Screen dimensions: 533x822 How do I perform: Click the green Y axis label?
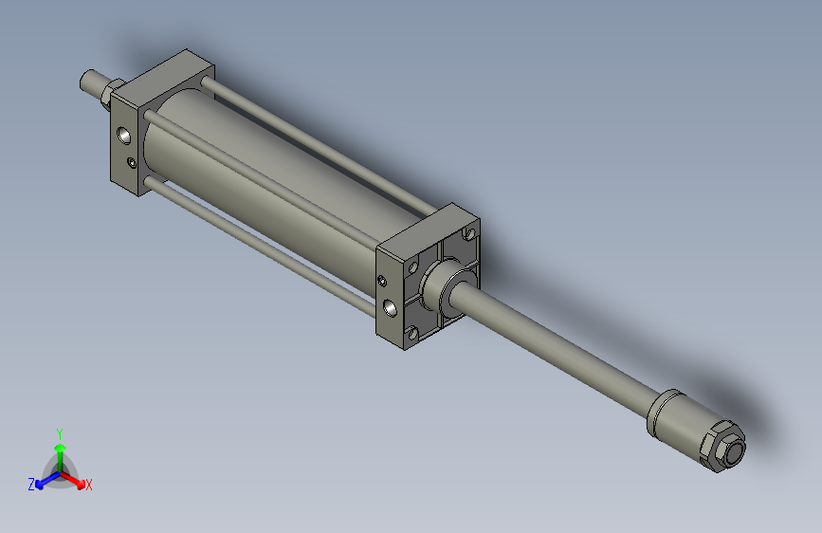[60, 432]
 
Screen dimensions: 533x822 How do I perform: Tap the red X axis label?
[89, 486]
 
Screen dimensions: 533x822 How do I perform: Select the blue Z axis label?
[31, 485]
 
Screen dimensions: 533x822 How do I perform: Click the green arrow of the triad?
[60, 450]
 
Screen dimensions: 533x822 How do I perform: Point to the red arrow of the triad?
[76, 480]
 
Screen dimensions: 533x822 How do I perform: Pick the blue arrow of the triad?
[44, 480]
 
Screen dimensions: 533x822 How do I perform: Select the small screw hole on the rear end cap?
[132, 165]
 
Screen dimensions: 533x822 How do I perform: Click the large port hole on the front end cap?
[391, 307]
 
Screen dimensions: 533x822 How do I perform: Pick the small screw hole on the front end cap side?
[381, 281]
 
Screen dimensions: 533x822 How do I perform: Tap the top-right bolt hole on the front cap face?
[468, 233]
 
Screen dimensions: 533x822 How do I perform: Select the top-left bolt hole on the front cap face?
[412, 266]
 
